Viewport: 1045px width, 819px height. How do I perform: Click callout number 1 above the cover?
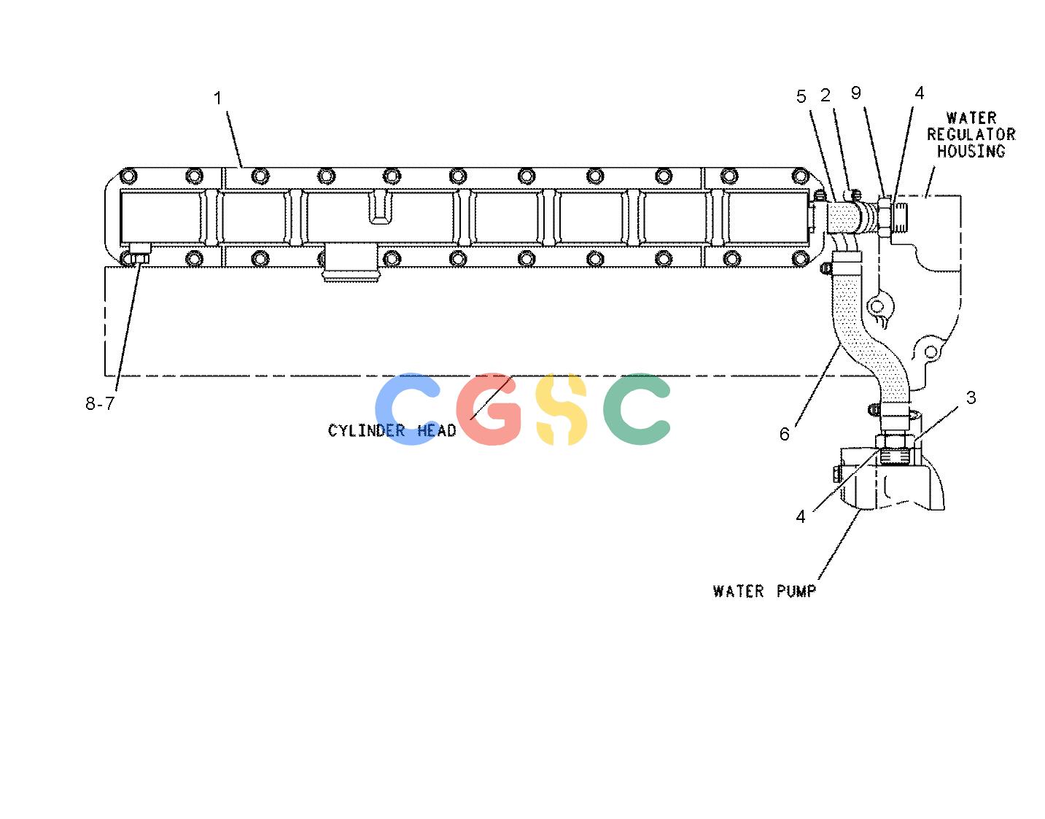(x=217, y=98)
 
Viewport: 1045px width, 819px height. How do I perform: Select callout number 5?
(x=801, y=97)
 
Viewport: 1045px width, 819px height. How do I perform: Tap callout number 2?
(x=825, y=96)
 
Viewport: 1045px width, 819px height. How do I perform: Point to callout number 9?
(x=855, y=93)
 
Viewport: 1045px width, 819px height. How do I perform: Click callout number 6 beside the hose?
(x=785, y=434)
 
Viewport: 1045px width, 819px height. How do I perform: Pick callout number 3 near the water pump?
(x=971, y=397)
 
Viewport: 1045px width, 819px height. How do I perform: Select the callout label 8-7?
(x=100, y=403)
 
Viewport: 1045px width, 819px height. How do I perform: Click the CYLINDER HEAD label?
(x=392, y=430)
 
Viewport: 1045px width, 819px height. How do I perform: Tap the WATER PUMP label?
(x=765, y=591)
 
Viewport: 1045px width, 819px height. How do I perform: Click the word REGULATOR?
(x=971, y=134)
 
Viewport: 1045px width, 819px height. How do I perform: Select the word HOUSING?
(x=971, y=151)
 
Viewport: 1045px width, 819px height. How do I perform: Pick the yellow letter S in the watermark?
(x=561, y=410)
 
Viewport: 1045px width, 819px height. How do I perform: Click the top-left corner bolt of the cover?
(x=128, y=176)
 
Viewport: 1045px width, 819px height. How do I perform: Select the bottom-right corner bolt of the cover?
(x=799, y=259)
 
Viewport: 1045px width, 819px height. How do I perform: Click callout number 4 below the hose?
(x=800, y=517)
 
